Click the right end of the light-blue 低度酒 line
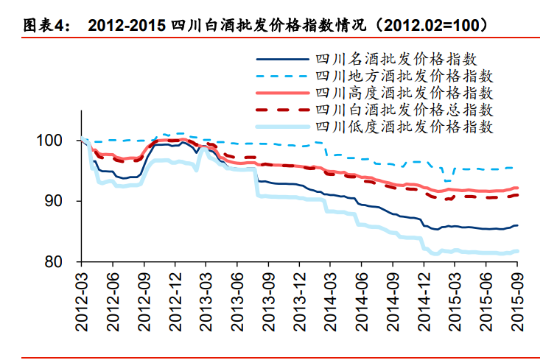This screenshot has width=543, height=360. point(517,251)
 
